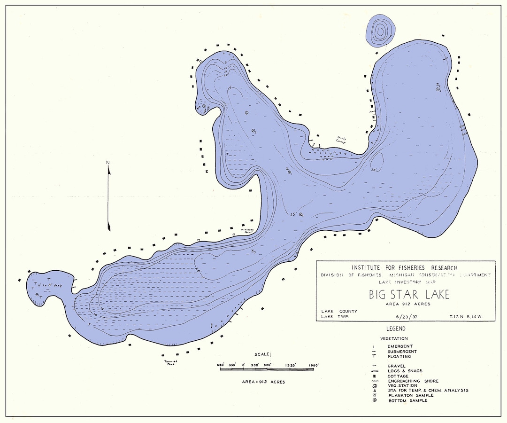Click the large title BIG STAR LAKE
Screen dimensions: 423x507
tap(409, 295)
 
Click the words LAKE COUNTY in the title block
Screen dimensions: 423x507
tap(339, 312)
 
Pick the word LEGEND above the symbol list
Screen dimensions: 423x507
tap(395, 329)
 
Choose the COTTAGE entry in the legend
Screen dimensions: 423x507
tap(398, 376)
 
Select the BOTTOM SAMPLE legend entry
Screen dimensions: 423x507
tap(407, 400)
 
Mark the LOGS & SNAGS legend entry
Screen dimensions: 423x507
tap(405, 371)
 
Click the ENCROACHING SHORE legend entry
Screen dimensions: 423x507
tap(413, 381)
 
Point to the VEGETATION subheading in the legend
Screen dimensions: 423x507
tap(395, 338)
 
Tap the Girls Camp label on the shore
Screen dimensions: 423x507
tap(341, 140)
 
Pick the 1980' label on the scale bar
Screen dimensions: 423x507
tap(313, 365)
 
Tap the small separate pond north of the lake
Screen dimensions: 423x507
tap(379, 31)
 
